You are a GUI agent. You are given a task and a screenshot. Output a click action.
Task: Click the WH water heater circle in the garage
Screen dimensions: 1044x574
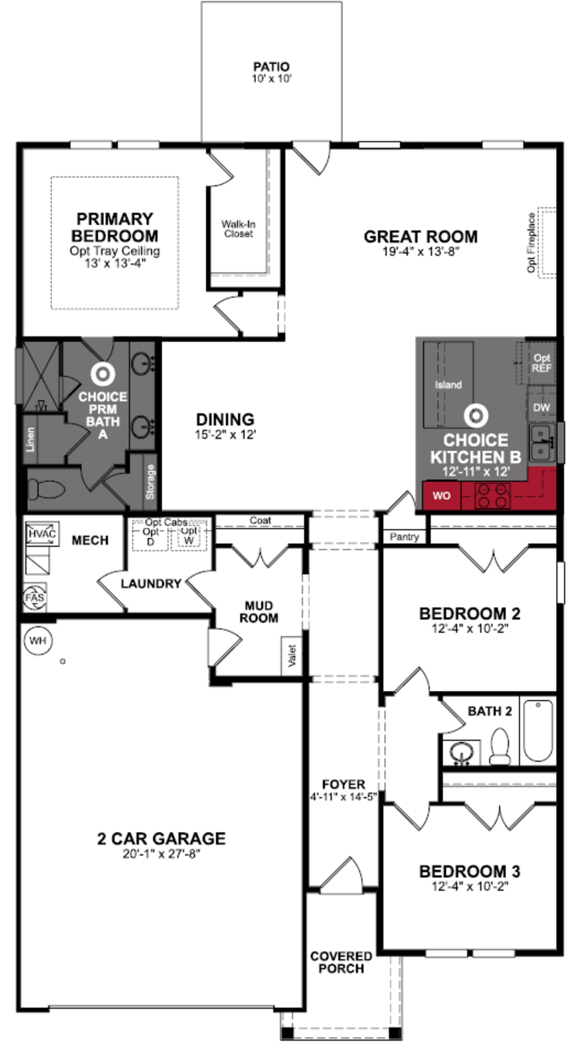pyautogui.click(x=38, y=641)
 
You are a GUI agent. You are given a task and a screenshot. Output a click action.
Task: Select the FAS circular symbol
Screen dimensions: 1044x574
pyautogui.click(x=35, y=597)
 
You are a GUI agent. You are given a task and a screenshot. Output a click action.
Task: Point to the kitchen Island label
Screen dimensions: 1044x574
pyautogui.click(x=448, y=385)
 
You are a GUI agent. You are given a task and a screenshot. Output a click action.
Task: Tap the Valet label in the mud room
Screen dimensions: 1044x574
pyautogui.click(x=292, y=655)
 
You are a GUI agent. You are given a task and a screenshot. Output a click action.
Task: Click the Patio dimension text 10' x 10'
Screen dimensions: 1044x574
pyautogui.click(x=271, y=79)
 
